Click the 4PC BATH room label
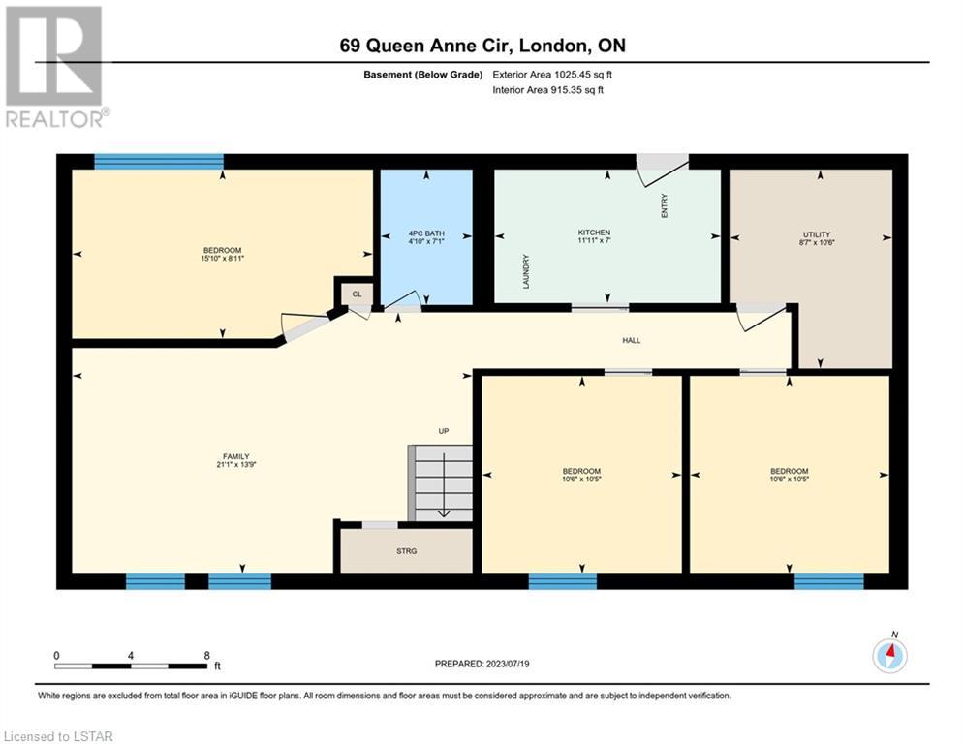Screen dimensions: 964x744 (426, 233)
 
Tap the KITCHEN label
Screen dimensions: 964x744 (594, 232)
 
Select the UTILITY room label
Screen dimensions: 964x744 (817, 234)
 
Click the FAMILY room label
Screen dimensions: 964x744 (236, 456)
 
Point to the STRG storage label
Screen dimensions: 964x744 (406, 551)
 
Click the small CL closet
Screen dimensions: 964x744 (357, 294)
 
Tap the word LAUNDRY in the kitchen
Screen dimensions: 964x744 (526, 272)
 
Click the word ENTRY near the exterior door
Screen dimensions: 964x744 (664, 205)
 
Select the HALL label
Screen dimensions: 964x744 (632, 340)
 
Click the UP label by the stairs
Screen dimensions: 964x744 (444, 431)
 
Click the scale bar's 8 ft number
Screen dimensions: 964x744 (207, 656)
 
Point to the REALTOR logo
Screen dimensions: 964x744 (55, 67)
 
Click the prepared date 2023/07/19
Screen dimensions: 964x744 (508, 664)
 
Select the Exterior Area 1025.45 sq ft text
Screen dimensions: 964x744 (552, 75)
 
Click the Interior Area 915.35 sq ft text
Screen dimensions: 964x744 (547, 90)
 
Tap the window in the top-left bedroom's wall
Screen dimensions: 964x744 (159, 162)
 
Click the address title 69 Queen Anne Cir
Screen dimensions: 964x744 (426, 46)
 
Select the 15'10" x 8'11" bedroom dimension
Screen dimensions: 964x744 (223, 259)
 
